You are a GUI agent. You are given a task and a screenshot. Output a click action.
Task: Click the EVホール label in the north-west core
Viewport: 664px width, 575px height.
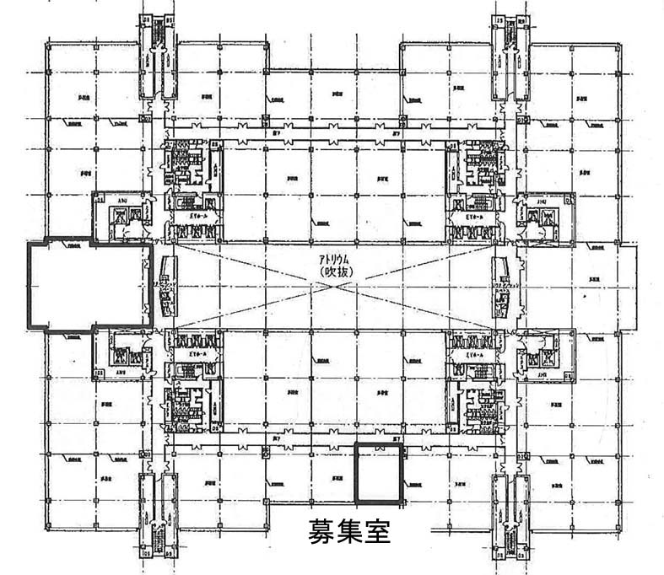click(x=188, y=216)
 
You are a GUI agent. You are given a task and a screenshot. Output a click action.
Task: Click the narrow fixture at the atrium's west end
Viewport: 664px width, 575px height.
click(x=165, y=286)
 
